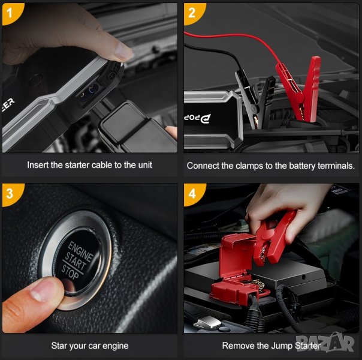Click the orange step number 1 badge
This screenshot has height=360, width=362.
[11, 13]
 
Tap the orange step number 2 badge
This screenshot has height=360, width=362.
[193, 13]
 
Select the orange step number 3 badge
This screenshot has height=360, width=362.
[11, 194]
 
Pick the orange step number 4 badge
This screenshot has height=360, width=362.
[193, 194]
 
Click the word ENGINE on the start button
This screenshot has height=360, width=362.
[80, 252]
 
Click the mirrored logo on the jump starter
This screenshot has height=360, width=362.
[197, 118]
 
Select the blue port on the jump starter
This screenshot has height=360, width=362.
[93, 89]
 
